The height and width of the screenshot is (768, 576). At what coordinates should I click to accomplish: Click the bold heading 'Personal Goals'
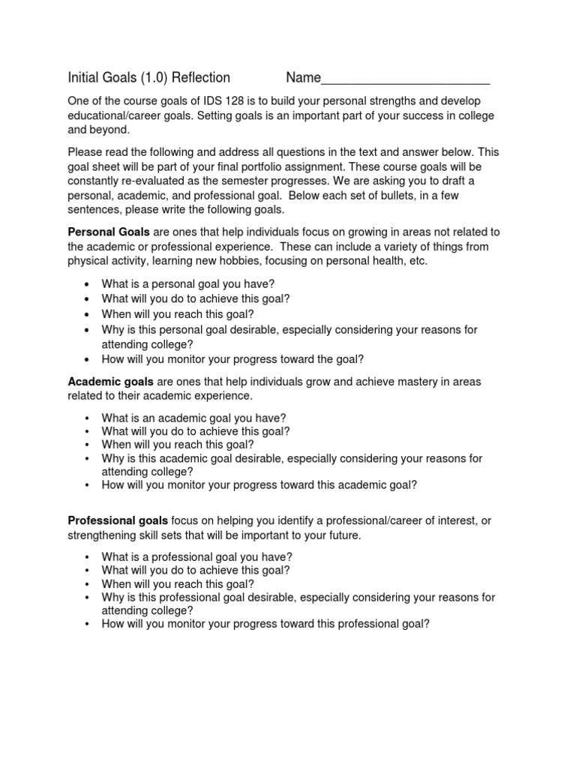[x=109, y=232]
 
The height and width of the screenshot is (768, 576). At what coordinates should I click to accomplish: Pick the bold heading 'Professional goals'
[x=118, y=520]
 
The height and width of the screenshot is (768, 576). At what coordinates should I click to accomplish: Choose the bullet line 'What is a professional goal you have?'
[x=196, y=556]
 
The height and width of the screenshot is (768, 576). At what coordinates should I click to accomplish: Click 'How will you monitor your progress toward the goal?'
[x=232, y=359]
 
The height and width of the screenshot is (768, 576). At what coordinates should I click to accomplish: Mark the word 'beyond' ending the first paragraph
[x=112, y=130]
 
